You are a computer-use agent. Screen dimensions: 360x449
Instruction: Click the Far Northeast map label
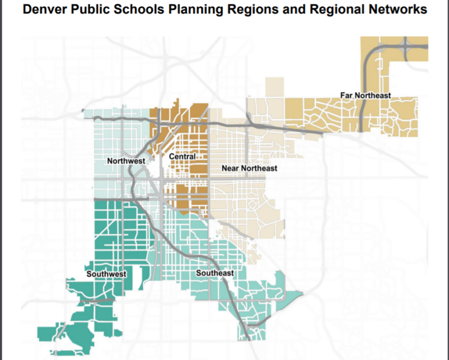click(365, 95)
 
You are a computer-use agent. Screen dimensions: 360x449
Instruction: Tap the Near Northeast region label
click(249, 168)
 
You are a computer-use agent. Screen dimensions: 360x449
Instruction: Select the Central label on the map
click(182, 156)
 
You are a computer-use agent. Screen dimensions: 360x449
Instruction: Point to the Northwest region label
click(126, 161)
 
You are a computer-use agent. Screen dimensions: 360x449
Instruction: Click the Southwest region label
click(106, 274)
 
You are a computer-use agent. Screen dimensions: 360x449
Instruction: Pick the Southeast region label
click(214, 273)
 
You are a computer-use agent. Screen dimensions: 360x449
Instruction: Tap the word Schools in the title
click(129, 10)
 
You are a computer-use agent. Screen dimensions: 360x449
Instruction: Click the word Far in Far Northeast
click(346, 95)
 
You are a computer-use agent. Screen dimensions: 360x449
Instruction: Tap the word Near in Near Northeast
click(231, 168)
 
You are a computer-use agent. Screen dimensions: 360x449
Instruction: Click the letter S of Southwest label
click(89, 274)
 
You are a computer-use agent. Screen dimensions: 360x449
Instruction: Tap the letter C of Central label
click(171, 156)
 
